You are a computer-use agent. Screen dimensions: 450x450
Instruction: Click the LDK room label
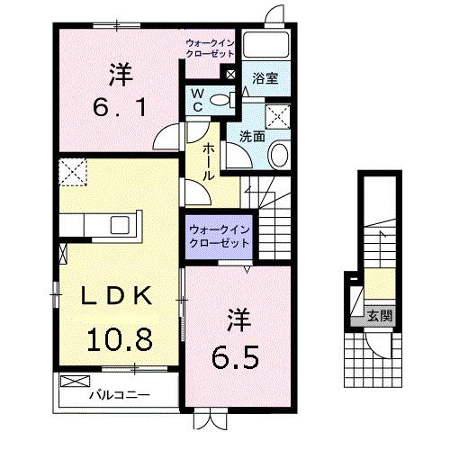coord(112,296)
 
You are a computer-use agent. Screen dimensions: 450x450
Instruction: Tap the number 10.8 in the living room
coord(118,340)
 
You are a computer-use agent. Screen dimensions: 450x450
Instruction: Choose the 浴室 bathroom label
coord(265,78)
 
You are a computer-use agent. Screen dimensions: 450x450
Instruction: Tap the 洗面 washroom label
coord(251,136)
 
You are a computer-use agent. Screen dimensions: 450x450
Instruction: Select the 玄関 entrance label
coord(378,315)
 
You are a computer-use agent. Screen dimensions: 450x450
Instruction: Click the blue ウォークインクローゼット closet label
coord(220,237)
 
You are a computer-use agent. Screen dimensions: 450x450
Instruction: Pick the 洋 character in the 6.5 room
coord(237,319)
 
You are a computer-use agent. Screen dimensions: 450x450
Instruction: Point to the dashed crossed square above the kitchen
coord(73,167)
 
